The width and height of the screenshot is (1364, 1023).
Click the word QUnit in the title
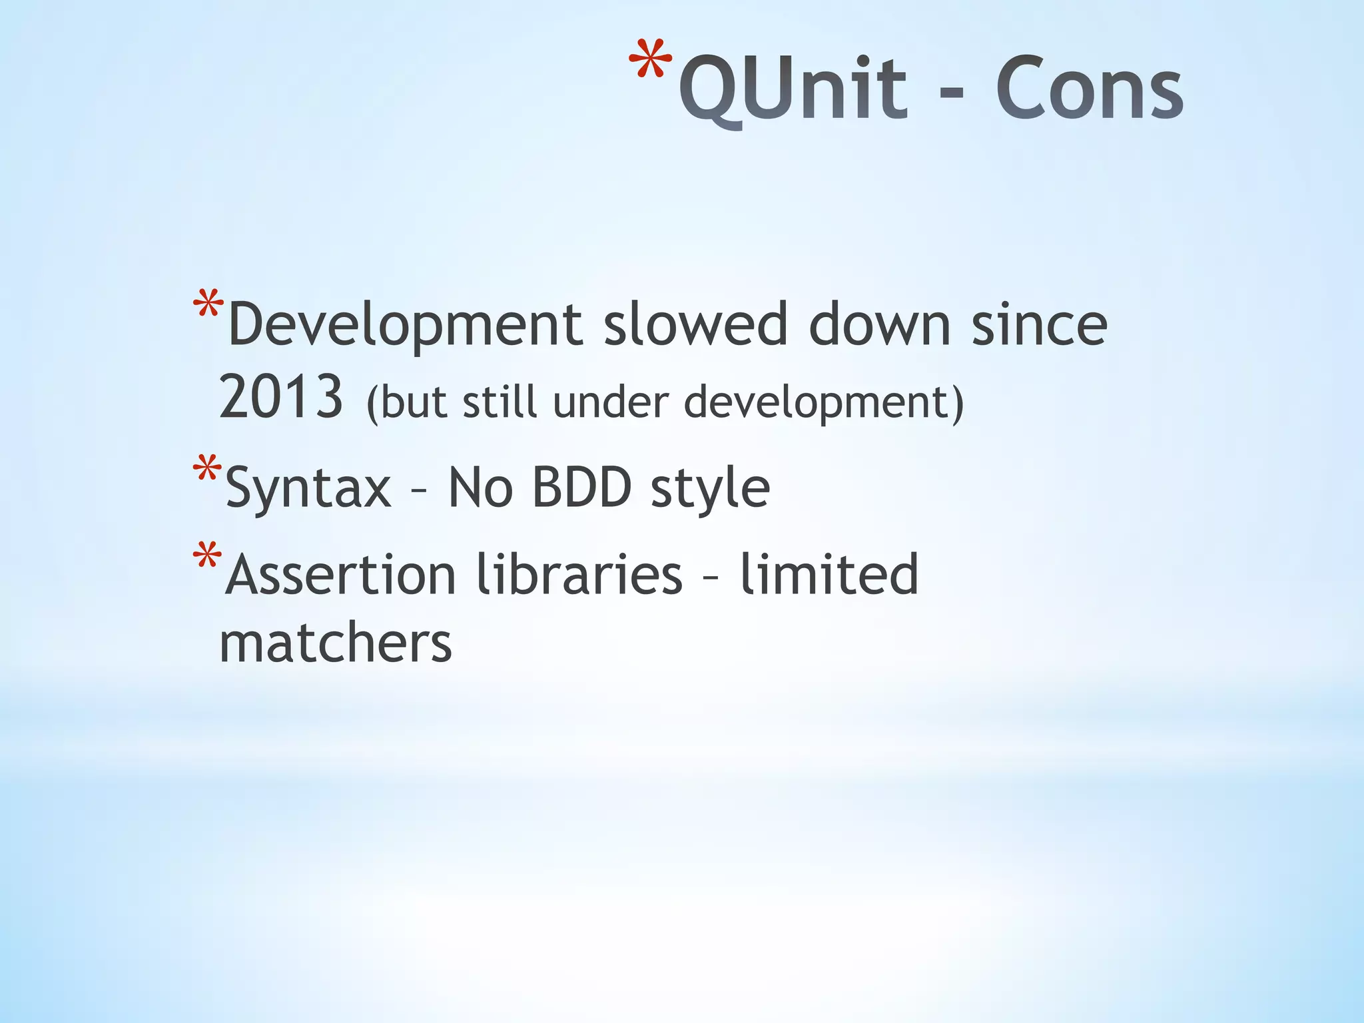[x=793, y=89]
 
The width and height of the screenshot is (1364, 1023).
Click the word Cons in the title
[x=1089, y=89]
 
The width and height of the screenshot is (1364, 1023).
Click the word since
[x=1039, y=325]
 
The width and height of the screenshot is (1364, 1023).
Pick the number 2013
[x=281, y=398]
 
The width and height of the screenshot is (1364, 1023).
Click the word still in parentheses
[x=500, y=402]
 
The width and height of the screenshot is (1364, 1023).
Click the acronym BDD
[x=581, y=488]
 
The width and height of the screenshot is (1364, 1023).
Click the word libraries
[x=579, y=574]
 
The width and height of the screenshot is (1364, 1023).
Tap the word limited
[x=829, y=574]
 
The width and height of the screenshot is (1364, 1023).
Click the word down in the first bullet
[x=879, y=325]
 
